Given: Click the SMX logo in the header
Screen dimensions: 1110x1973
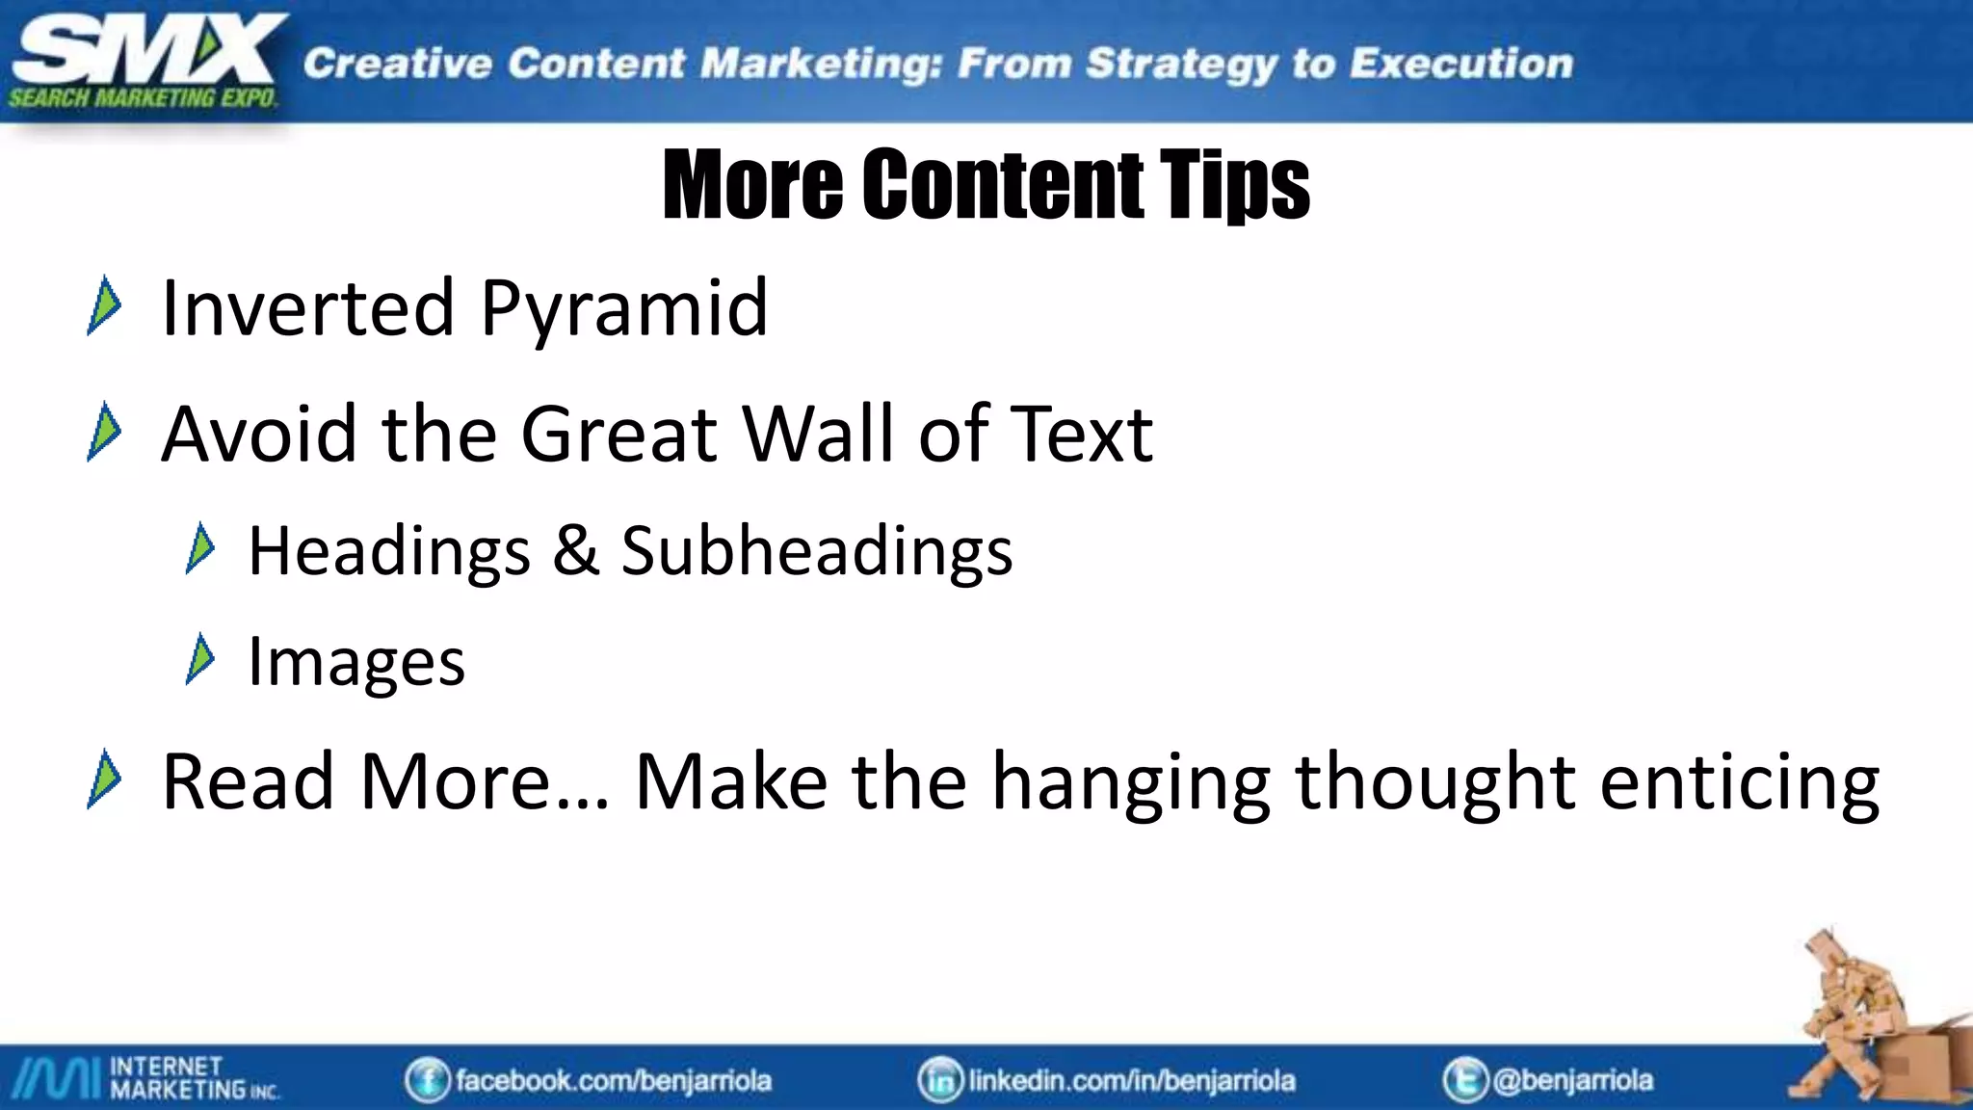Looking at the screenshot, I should click(145, 60).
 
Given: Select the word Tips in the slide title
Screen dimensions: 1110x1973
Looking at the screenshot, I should click(1234, 184).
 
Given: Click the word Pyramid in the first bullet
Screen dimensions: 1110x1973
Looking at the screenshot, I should click(623, 308).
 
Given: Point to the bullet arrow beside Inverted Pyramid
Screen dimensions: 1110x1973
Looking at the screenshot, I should click(104, 306).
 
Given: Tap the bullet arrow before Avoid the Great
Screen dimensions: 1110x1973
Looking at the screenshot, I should click(104, 433).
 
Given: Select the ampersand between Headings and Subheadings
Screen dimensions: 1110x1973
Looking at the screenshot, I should click(576, 550).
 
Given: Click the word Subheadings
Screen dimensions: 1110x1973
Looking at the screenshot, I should click(816, 551).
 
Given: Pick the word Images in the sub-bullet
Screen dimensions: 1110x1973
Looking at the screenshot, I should click(356, 662).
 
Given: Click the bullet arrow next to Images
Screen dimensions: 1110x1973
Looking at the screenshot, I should click(200, 660).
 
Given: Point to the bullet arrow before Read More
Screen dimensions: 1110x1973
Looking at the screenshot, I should click(104, 780).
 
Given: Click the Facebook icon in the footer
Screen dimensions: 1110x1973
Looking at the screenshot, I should click(427, 1080).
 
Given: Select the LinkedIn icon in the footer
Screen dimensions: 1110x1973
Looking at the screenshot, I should click(940, 1080).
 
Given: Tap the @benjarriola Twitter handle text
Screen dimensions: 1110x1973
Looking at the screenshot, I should click(1572, 1080).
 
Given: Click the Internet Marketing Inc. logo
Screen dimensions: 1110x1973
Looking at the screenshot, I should click(145, 1078).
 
